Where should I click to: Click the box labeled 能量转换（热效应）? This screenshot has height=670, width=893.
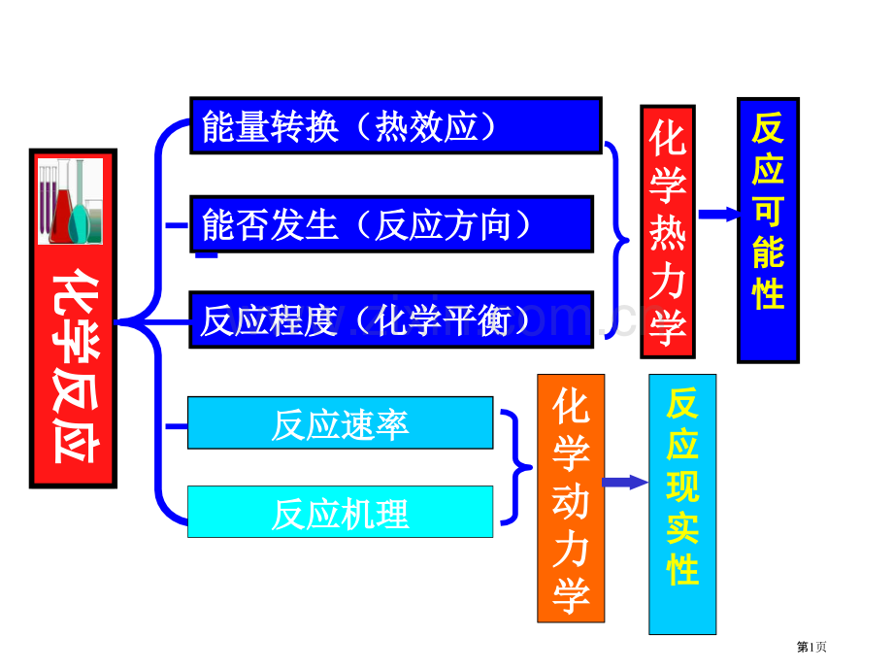396,125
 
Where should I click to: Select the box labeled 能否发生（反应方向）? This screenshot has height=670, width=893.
392,224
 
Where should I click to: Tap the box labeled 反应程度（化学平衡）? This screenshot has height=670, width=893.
391,319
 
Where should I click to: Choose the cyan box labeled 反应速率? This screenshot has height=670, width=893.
340,423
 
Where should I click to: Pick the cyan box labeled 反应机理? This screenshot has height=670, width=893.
340,512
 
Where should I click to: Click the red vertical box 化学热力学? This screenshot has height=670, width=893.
668,232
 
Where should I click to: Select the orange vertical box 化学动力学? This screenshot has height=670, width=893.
571,497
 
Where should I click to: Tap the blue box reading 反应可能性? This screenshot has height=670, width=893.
768,230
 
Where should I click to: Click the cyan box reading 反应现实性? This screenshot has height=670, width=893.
682,503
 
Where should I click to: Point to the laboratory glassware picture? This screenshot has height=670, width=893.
70,201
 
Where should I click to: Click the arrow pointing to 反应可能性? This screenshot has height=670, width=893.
718,215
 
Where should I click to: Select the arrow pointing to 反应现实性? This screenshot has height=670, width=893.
625,482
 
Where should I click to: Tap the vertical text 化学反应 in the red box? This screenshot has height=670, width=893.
73,365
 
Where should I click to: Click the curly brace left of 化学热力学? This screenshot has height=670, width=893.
619,240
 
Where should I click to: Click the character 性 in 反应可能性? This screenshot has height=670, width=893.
768,291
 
